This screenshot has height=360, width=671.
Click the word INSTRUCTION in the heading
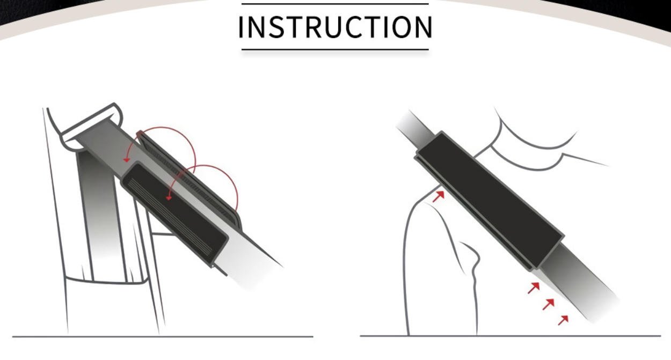point(335,27)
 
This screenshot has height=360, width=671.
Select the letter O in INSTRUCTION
point(401,27)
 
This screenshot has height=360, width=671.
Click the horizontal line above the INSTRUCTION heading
point(335,4)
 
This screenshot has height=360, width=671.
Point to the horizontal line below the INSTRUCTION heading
point(335,49)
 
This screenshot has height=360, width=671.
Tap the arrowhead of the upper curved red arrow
point(127,160)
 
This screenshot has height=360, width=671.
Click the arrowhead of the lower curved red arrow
point(169,197)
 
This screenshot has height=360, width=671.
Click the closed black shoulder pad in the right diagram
point(490,201)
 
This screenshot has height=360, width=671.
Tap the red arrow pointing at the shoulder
point(439,196)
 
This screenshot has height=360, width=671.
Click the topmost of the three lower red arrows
point(534,288)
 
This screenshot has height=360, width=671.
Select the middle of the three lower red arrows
point(549,304)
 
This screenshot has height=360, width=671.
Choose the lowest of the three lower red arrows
point(563,320)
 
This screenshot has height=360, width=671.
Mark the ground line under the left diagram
point(163,336)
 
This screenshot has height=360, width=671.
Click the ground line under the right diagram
point(510,336)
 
